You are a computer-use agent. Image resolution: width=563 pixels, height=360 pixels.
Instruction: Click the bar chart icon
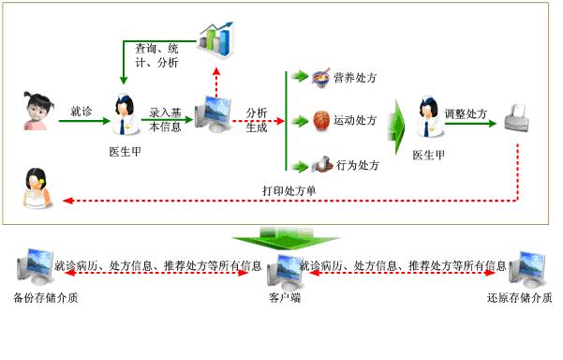[216, 39]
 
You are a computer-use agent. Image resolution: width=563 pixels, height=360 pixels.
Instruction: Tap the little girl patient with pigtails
[38, 111]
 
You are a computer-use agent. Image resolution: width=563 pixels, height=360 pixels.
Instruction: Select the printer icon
[517, 118]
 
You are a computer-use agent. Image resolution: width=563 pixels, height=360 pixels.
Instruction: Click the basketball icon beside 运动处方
[321, 120]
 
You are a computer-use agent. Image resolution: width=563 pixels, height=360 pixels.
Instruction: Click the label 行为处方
[358, 165]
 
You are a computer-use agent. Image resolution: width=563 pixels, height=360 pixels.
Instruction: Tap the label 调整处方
[467, 113]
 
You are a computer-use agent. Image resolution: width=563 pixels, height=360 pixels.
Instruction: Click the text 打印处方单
[289, 190]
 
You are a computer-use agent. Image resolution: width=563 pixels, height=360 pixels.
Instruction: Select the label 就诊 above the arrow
[81, 112]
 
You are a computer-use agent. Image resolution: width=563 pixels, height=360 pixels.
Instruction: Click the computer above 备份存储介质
[36, 266]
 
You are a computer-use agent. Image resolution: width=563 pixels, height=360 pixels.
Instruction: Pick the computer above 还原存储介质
[527, 269]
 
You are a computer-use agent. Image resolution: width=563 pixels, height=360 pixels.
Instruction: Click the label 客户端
[285, 297]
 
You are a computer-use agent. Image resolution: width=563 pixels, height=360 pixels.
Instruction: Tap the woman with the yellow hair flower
[37, 187]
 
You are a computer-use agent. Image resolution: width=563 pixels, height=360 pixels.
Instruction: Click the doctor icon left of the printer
[429, 116]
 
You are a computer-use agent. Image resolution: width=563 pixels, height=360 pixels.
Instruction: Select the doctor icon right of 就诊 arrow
[126, 114]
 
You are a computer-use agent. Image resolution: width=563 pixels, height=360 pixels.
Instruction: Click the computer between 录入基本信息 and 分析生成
[214, 114]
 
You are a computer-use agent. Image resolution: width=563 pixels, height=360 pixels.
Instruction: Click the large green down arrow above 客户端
[286, 238]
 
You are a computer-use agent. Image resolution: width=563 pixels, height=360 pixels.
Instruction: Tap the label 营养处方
[355, 78]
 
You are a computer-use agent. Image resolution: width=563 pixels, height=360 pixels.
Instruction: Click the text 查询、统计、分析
[156, 55]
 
